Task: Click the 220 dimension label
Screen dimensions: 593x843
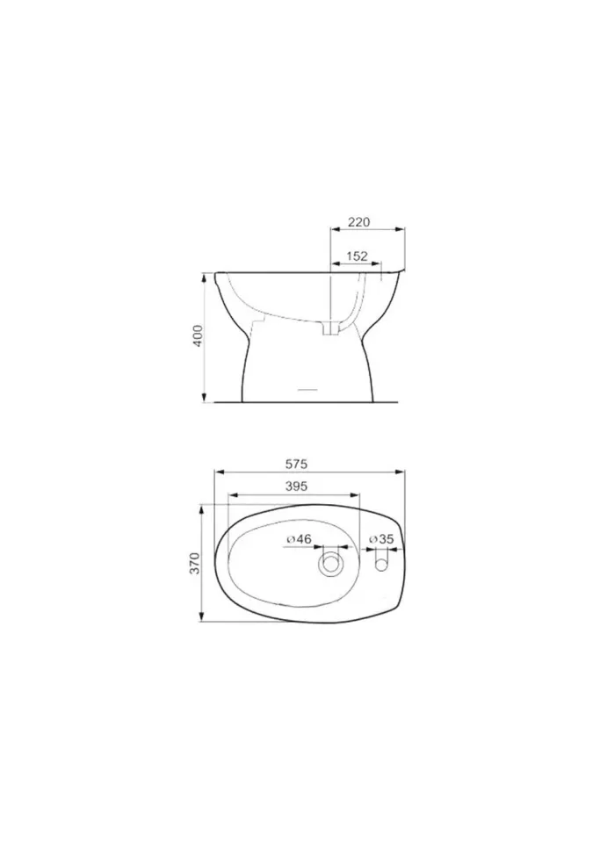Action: click(x=359, y=221)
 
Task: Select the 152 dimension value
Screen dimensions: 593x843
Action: click(x=357, y=256)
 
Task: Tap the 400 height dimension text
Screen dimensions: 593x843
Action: click(x=199, y=335)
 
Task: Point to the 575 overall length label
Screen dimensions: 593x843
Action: click(x=296, y=464)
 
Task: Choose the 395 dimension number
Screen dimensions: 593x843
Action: click(x=296, y=486)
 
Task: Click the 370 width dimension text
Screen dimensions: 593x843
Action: click(x=195, y=563)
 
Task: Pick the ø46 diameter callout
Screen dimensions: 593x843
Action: click(x=300, y=538)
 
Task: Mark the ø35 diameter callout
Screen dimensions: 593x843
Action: click(x=381, y=538)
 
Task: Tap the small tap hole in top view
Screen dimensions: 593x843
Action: click(x=381, y=565)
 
